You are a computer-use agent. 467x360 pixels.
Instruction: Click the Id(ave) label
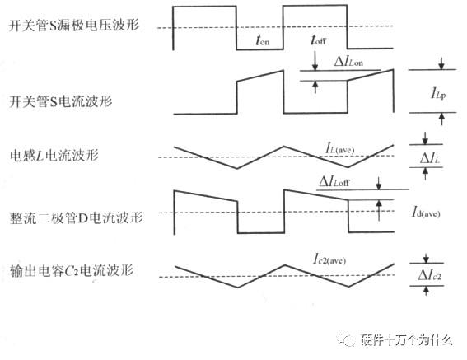[427, 213]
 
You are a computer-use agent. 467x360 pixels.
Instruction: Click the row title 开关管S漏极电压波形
[73, 26]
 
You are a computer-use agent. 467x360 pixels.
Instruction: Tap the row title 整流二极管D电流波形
[76, 217]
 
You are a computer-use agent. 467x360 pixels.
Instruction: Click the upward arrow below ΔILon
[314, 86]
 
